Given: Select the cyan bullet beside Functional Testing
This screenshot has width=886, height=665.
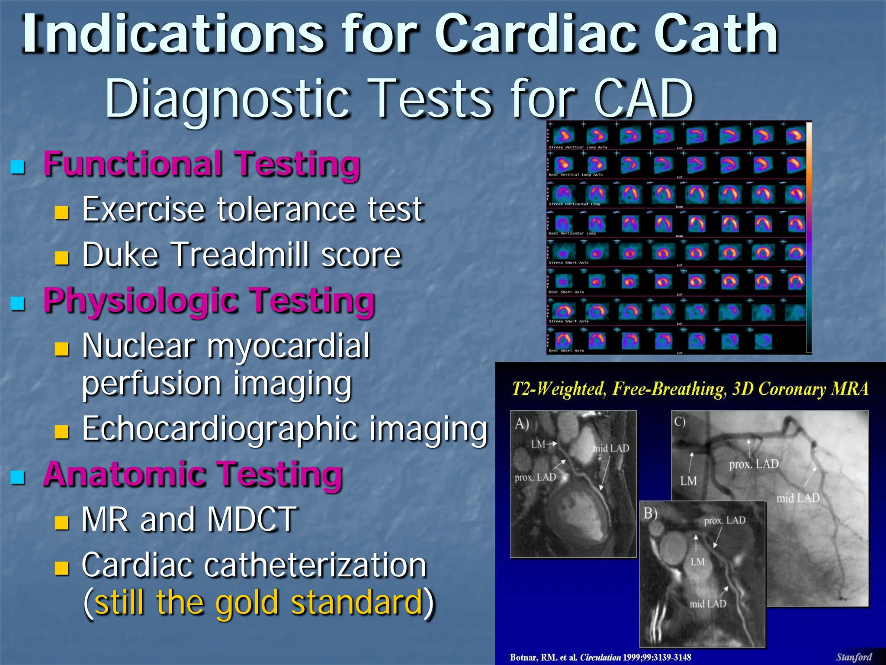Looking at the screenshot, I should [18, 166].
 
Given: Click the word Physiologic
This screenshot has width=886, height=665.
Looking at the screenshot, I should [141, 301].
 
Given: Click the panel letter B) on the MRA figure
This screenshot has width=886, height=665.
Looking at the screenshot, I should [650, 513].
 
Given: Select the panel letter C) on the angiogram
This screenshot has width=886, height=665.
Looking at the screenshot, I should [680, 421].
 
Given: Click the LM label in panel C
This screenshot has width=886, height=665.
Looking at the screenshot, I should [688, 481].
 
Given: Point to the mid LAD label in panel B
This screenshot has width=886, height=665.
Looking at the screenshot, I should [708, 604].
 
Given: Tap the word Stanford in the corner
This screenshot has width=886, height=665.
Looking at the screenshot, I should [854, 657].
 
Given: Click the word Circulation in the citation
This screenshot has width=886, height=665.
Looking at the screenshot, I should [600, 657].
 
